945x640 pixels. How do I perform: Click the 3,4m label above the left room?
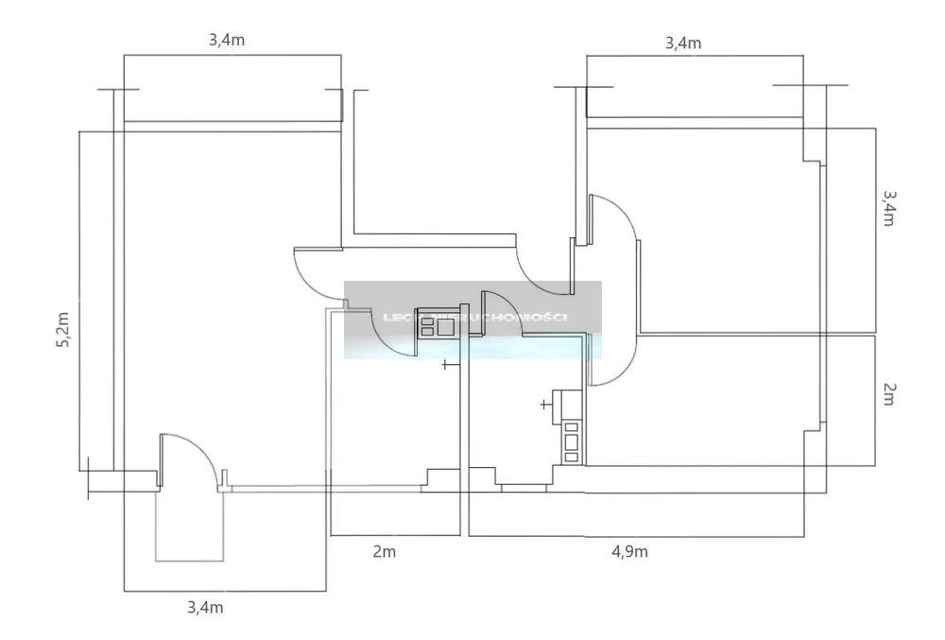227,41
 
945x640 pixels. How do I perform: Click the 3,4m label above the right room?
683,43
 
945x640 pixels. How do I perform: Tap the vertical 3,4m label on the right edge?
889,208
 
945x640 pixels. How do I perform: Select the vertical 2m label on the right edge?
888,394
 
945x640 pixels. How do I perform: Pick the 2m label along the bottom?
384,552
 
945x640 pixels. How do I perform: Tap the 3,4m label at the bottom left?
205,607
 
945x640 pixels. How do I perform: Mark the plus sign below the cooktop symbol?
447,364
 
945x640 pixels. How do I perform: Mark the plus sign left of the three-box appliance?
544,405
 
